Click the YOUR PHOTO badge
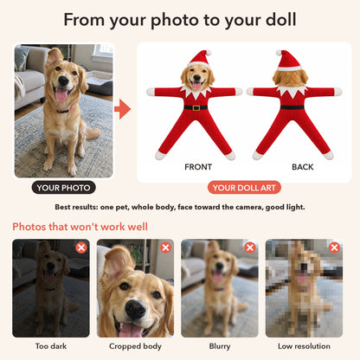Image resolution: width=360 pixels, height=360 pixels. click(63, 188)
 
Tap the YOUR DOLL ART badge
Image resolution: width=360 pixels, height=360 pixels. click(244, 188)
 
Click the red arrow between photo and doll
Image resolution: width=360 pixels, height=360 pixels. click(123, 109)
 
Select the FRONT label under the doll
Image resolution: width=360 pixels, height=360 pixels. click(198, 167)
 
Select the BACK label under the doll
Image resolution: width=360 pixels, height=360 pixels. click(303, 167)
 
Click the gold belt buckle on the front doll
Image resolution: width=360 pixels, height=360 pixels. click(196, 108)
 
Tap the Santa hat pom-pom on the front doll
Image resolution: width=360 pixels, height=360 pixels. click(209, 53)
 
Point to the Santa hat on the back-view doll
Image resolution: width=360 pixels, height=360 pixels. click(288, 61)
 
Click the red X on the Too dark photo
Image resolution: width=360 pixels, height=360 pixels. click(81, 247)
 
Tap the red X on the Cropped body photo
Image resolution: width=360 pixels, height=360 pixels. click(165, 247)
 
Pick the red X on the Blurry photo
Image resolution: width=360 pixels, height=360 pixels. click(250, 247)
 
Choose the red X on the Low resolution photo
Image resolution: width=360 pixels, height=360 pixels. click(334, 247)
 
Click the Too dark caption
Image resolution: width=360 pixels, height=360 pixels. click(51, 346)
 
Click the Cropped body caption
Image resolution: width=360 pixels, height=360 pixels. click(135, 346)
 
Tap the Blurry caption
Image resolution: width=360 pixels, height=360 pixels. click(220, 346)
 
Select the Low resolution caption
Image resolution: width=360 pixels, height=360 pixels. click(304, 346)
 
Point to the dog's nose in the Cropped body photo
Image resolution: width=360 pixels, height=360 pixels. click(136, 309)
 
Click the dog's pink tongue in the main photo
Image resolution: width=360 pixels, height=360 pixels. click(61, 95)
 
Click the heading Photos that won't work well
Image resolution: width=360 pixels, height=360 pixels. click(80, 227)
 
